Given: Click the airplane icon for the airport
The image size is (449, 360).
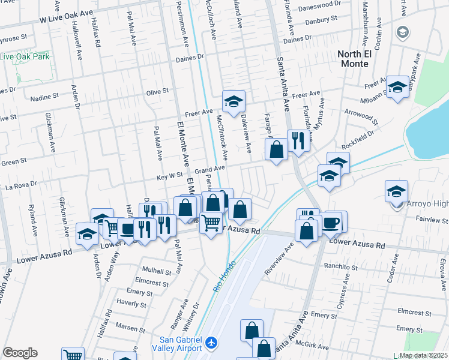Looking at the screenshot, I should pyautogui.click(x=210, y=343).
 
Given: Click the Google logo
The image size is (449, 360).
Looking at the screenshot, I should pyautogui.click(x=20, y=353).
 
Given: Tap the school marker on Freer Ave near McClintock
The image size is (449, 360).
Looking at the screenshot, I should pyautogui.click(x=234, y=101).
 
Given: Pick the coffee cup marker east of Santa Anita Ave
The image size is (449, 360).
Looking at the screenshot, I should pyautogui.click(x=331, y=222).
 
